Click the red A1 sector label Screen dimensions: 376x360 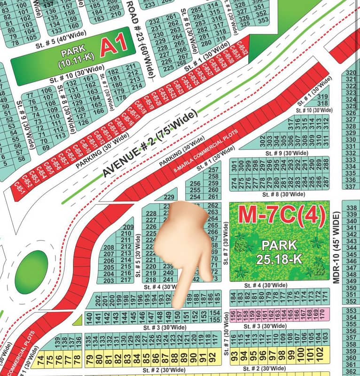114,46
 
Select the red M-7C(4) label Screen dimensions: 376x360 282,214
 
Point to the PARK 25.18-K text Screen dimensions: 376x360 280,251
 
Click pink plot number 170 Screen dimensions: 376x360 321,312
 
